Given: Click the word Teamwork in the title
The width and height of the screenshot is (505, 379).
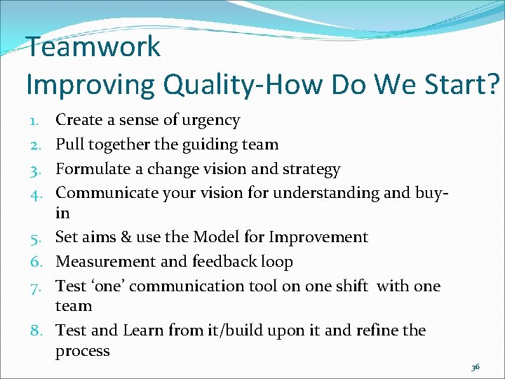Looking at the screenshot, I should pos(93,48).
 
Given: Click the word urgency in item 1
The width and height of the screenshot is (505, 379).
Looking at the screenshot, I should pos(210,121).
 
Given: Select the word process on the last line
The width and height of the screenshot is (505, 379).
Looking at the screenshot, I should pos(82,352).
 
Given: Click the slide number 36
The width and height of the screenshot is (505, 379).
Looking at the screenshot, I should pos(475,368).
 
